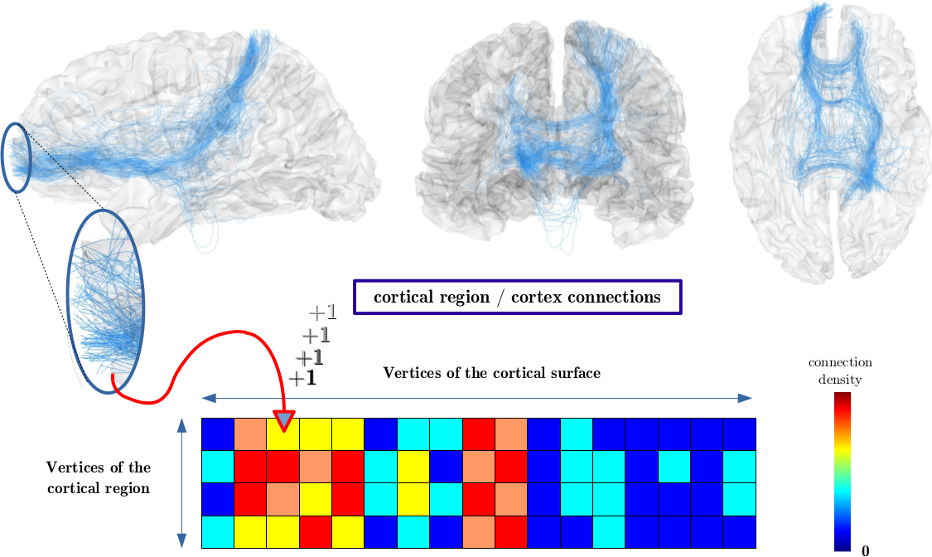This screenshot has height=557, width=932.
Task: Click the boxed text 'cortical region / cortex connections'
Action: coord(518,297)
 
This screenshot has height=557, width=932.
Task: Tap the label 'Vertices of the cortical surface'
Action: coord(491,373)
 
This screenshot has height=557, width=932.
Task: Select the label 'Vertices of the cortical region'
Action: coord(99,477)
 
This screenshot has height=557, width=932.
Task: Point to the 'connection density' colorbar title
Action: coord(840,371)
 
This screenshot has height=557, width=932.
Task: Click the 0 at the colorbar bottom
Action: coord(865,550)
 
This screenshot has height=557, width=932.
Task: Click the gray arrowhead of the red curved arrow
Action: coord(284,420)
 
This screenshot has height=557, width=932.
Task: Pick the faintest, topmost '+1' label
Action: coord(322,312)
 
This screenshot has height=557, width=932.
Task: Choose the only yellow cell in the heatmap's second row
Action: coord(413,466)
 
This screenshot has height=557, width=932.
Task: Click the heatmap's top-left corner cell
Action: coord(218,433)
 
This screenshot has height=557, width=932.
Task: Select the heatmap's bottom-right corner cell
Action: coord(740,530)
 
